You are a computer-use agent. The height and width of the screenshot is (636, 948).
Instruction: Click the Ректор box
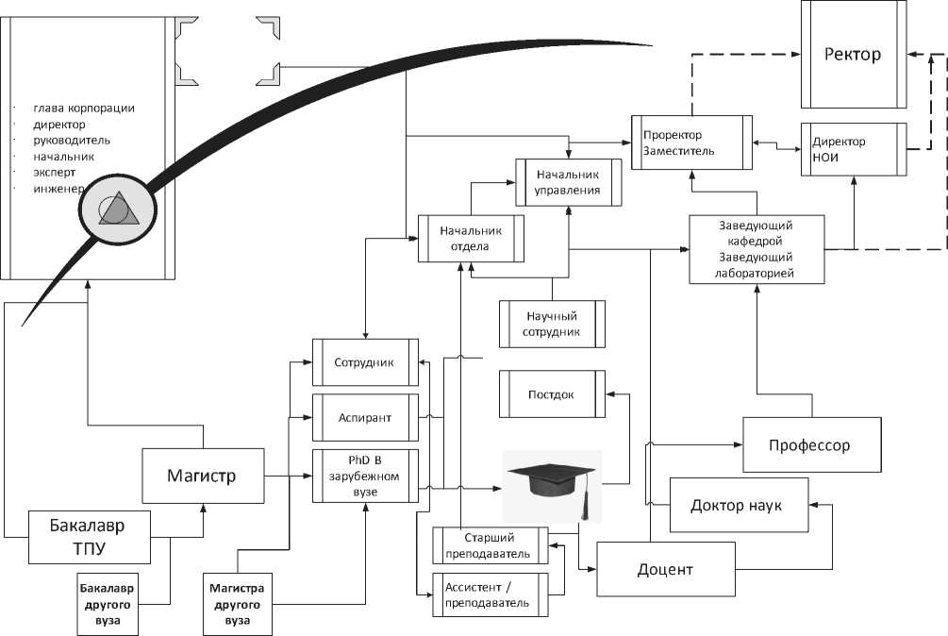click(x=853, y=55)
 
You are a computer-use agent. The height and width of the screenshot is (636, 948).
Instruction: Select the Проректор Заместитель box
click(x=691, y=142)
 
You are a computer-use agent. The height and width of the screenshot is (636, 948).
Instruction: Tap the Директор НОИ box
click(x=853, y=149)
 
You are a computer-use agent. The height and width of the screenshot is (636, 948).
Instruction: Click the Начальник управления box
click(x=568, y=182)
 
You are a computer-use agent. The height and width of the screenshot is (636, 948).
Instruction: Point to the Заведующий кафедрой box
click(x=757, y=249)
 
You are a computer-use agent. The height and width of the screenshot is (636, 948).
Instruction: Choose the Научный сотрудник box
click(x=552, y=324)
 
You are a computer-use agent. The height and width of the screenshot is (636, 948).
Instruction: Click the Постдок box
click(x=551, y=393)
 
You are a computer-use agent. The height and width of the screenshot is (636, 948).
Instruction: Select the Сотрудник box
click(x=366, y=362)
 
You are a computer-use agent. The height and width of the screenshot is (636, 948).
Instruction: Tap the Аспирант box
click(x=366, y=416)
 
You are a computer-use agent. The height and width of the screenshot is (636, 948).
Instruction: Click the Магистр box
click(x=202, y=476)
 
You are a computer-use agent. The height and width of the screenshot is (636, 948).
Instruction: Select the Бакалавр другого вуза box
click(x=107, y=604)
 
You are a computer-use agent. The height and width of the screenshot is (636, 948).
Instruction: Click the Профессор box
click(x=812, y=444)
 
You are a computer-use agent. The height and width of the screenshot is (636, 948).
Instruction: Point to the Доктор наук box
click(x=736, y=505)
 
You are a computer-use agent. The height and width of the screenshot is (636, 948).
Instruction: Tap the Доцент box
click(x=665, y=569)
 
